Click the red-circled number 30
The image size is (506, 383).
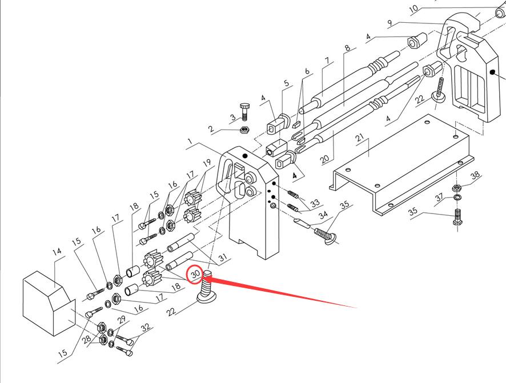point(195,275)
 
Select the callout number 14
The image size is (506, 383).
point(56,252)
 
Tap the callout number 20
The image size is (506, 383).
point(324,158)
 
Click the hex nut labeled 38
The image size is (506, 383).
point(457,188)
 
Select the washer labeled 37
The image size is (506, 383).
point(457,198)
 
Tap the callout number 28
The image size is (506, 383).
point(86,340)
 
